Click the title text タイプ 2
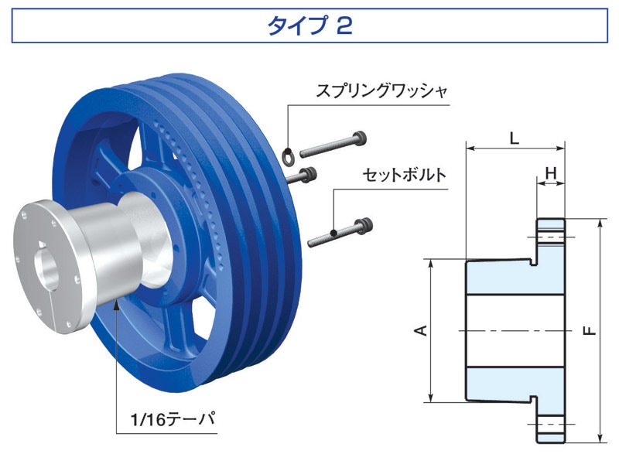[x=309, y=26]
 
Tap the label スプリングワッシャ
[x=381, y=91]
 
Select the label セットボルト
[x=404, y=175]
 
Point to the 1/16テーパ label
[x=173, y=419]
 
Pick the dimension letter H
[x=550, y=172]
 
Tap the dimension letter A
[x=422, y=330]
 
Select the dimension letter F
[x=590, y=330]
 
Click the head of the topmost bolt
[x=360, y=138]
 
